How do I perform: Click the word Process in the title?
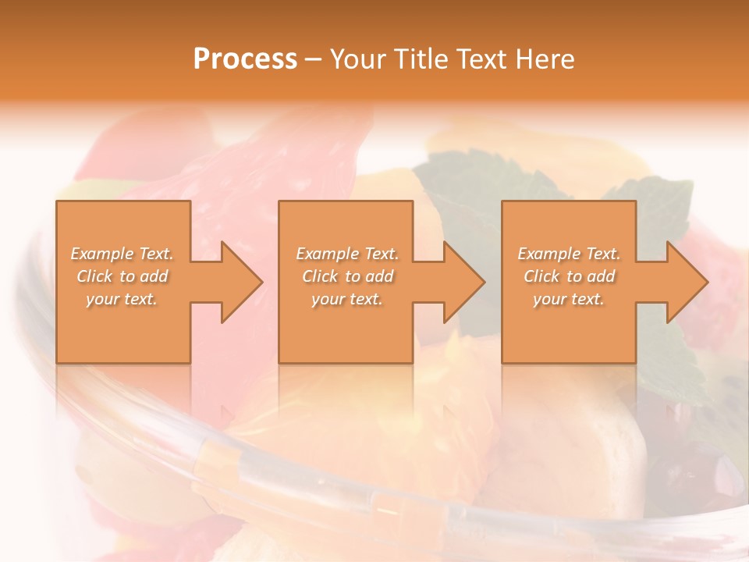[245, 59]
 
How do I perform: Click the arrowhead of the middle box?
[483, 282]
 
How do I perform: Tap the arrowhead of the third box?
[706, 282]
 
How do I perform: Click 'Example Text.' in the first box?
[122, 254]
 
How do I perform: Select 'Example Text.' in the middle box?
[347, 254]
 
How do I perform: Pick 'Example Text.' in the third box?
[569, 254]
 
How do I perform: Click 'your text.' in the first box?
[122, 299]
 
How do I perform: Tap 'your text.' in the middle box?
[347, 299]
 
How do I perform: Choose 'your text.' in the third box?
[569, 299]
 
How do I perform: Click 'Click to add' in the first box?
[122, 276]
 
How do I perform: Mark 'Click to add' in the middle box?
[347, 276]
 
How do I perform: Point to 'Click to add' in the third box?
[569, 276]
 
